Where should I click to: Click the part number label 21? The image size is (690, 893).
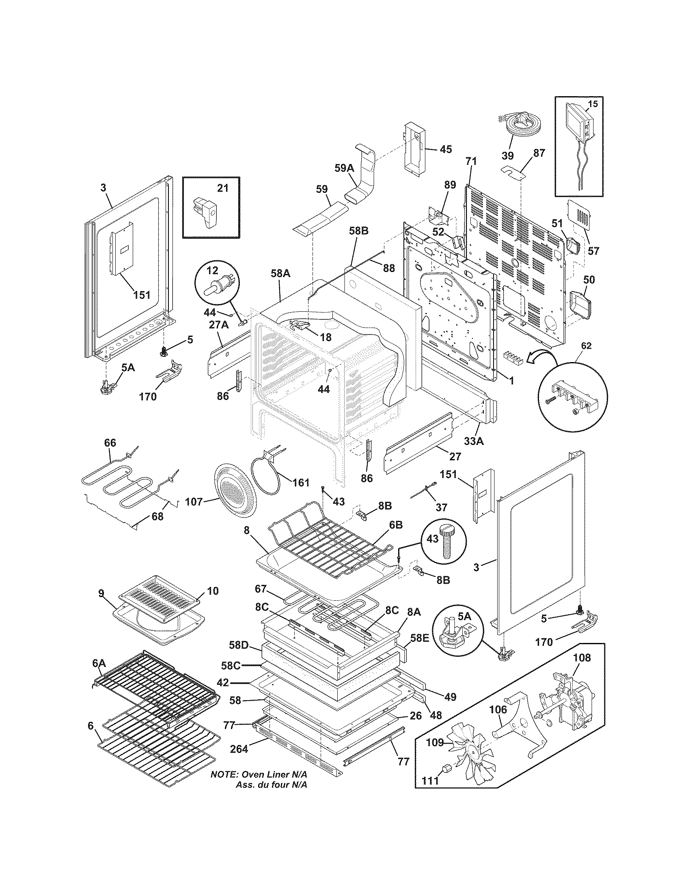(223, 188)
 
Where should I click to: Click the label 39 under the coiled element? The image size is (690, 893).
(508, 156)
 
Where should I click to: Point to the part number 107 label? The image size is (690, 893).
(193, 501)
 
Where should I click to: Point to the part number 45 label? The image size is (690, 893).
(446, 149)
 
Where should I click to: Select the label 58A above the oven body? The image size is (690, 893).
(280, 273)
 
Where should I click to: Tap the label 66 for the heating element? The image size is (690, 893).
(110, 442)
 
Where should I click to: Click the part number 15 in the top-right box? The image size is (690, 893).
(592, 104)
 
